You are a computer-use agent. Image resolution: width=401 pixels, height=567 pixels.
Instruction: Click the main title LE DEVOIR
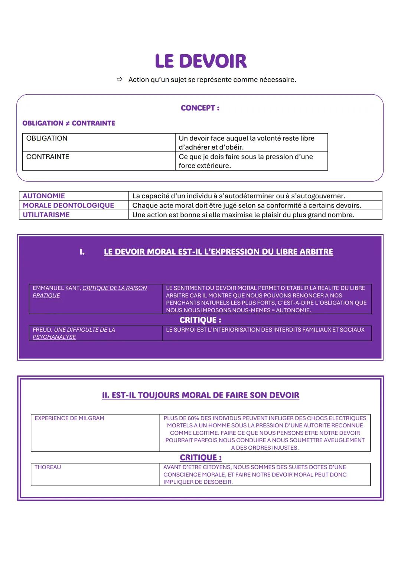(x=200, y=61)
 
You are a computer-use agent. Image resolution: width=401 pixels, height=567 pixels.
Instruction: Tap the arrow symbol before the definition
(x=119, y=79)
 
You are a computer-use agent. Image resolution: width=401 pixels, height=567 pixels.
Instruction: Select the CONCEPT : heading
(x=200, y=108)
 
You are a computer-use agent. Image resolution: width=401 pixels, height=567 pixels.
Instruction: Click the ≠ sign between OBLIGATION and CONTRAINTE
(x=68, y=123)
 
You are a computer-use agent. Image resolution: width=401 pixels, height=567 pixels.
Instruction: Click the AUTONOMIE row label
(x=44, y=196)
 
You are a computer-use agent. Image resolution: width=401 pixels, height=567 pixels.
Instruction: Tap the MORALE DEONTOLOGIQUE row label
(x=68, y=205)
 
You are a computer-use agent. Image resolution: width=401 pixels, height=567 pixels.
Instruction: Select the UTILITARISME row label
(x=46, y=215)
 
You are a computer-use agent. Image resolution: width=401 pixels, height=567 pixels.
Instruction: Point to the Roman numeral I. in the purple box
(x=82, y=252)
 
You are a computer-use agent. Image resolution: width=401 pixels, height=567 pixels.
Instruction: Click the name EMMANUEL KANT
(x=56, y=288)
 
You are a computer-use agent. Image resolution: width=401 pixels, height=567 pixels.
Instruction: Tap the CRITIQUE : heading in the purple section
(x=200, y=320)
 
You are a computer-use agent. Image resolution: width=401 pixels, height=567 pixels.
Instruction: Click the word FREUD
(x=42, y=330)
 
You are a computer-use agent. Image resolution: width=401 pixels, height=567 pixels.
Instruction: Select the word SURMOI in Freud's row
(x=186, y=330)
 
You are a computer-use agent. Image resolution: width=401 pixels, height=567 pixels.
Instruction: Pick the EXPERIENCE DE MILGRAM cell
(x=69, y=418)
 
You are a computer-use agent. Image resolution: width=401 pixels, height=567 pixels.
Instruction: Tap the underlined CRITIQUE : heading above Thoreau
(x=200, y=457)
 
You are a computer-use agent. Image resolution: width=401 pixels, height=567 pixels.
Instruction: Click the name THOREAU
(x=48, y=467)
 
